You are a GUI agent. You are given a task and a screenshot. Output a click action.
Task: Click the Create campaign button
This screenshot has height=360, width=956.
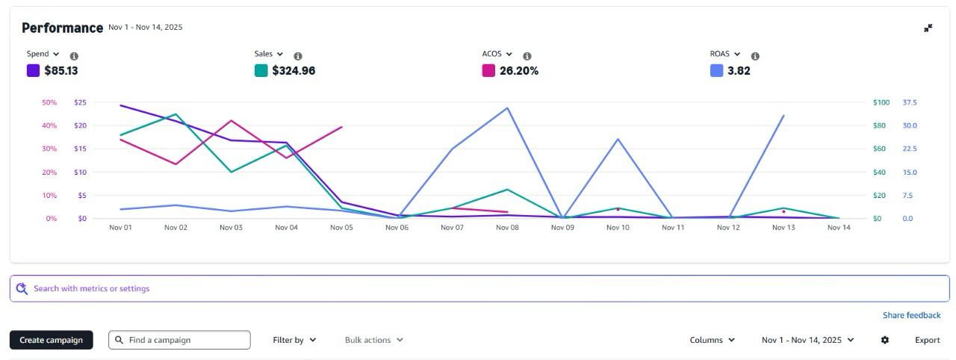tap(51, 340)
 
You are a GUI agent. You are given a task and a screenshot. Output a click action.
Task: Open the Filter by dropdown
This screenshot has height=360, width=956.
tap(294, 340)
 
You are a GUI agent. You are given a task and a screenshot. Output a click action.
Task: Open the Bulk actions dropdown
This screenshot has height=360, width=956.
tap(373, 340)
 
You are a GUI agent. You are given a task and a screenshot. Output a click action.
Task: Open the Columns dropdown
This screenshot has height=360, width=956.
tap(712, 340)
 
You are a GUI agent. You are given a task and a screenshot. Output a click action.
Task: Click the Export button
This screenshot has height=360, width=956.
tap(927, 340)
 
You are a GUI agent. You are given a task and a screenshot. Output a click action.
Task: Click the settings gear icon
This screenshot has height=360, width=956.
tap(885, 340)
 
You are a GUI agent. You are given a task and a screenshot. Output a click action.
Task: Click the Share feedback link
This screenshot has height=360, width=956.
tap(911, 315)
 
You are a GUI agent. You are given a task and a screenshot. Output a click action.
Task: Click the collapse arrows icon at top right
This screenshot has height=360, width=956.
tap(928, 28)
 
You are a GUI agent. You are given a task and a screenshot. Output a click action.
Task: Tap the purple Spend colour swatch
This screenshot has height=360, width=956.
tap(33, 71)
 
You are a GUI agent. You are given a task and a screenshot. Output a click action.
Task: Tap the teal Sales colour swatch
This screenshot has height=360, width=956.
tap(261, 71)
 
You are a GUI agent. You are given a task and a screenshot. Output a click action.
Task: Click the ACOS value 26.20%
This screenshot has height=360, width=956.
tap(518, 71)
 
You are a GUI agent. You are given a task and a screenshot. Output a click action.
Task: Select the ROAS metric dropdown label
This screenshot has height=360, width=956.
tap(724, 54)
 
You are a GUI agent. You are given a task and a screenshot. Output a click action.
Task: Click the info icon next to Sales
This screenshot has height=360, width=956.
tap(298, 56)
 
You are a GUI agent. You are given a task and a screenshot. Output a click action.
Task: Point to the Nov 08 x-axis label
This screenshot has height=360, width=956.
tap(507, 228)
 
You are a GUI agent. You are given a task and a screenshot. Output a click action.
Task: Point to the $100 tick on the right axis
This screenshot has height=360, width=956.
tap(881, 102)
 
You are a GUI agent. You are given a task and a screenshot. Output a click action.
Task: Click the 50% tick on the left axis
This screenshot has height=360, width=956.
tap(49, 102)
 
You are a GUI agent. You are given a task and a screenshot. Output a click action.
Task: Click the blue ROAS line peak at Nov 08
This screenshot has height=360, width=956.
tap(508, 108)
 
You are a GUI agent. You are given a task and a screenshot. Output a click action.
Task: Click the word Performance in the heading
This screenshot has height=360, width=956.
tap(62, 28)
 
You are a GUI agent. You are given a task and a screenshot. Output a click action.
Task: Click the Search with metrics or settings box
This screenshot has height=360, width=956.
tap(478, 288)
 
